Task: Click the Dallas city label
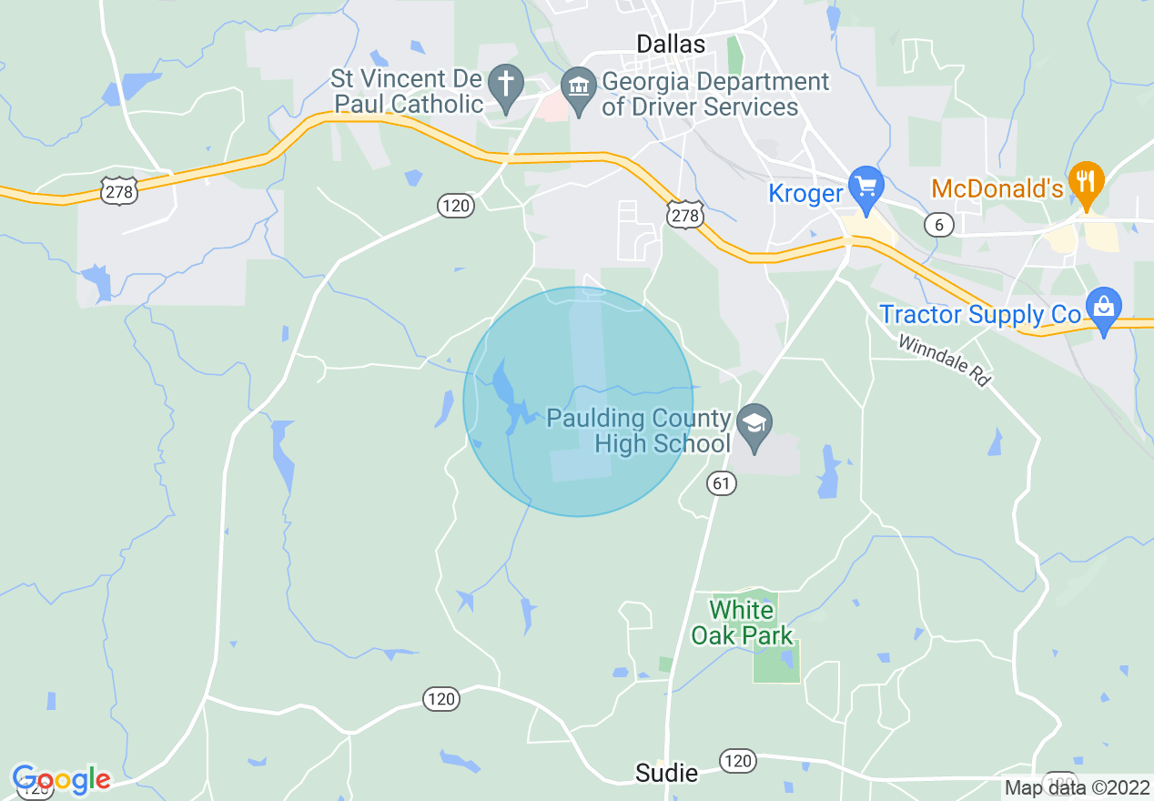671,44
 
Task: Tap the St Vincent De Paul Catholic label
407,92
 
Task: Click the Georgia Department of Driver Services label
715,94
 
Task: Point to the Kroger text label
805,193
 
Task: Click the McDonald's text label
997,189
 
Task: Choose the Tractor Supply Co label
979,315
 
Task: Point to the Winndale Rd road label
944,360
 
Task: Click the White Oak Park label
742,623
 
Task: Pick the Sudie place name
667,774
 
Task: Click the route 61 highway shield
722,484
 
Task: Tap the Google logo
61,779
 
